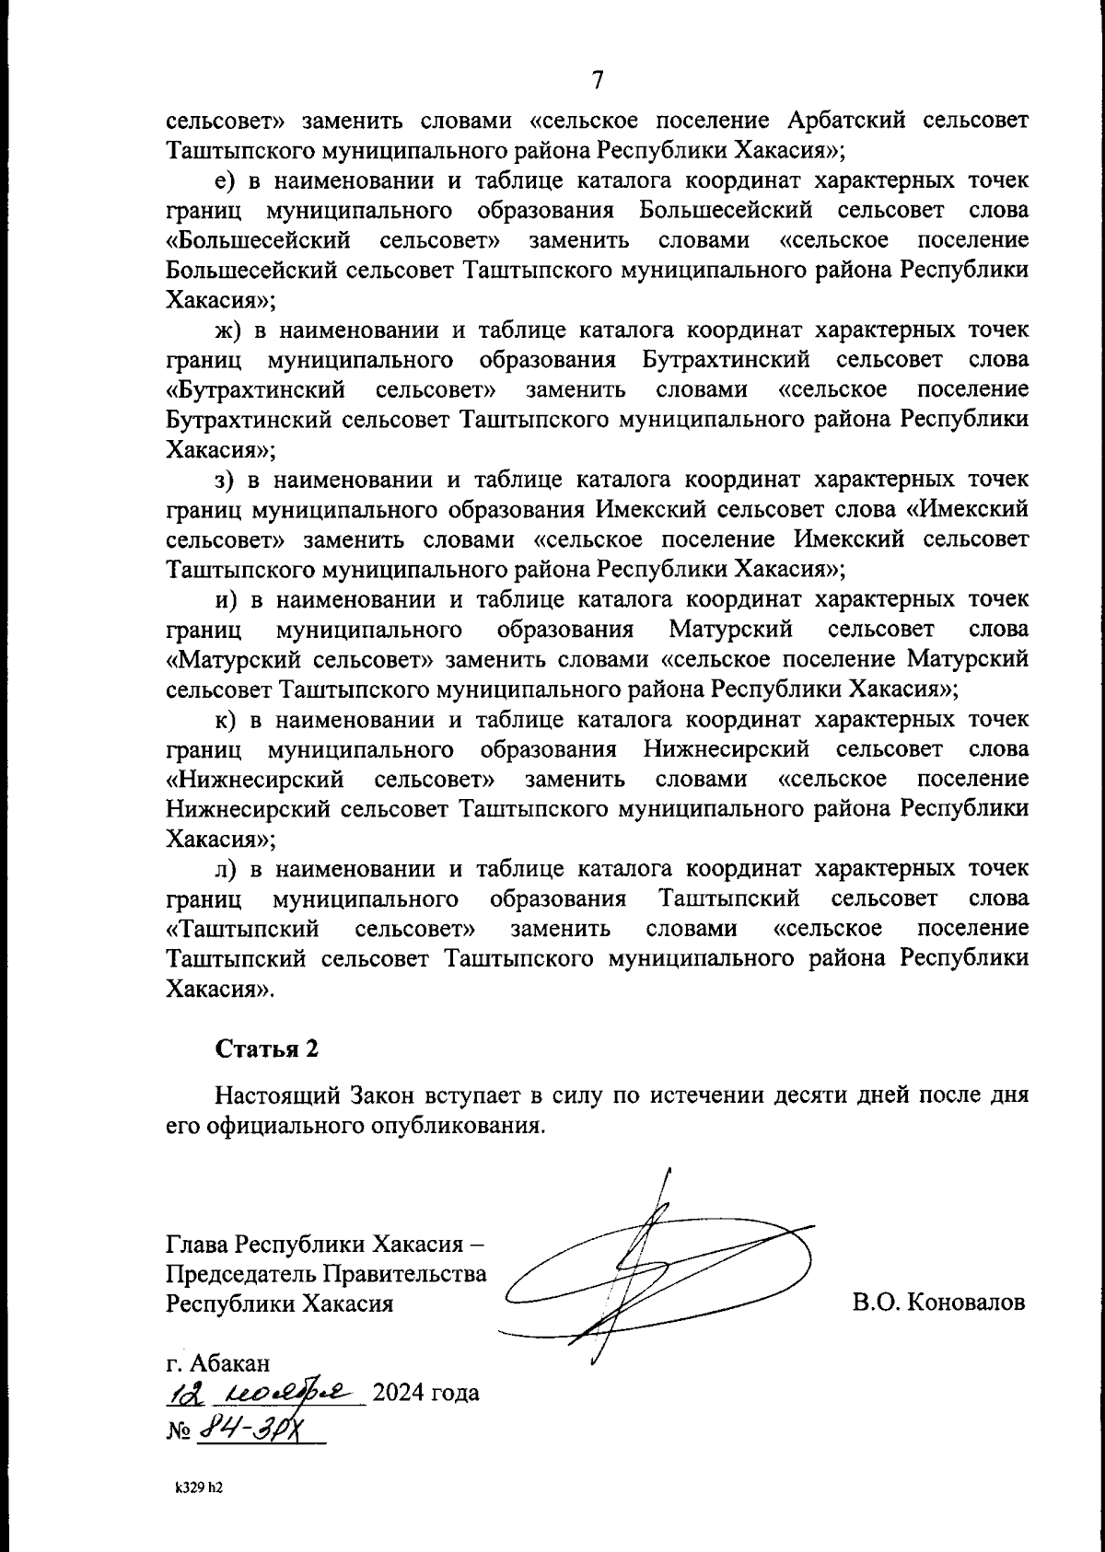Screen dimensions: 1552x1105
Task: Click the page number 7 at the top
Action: (597, 80)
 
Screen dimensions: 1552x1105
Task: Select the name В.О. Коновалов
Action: (938, 1303)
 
